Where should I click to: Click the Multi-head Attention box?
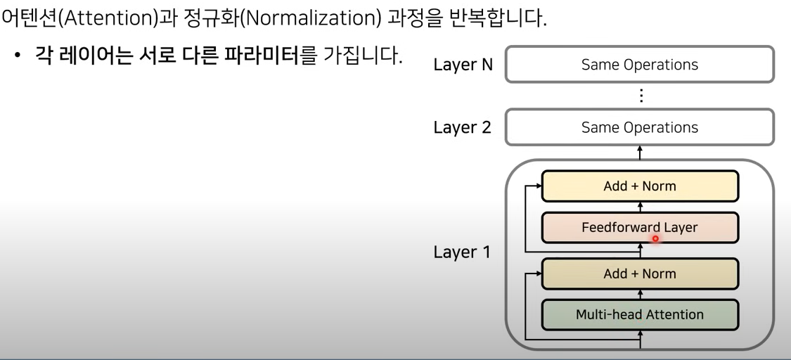[x=640, y=314]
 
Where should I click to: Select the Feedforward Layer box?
[x=640, y=228]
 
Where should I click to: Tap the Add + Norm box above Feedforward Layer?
[x=640, y=187]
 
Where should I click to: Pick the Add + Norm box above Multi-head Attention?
[x=640, y=274]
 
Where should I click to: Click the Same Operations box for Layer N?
[x=640, y=65]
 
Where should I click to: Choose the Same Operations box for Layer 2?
[x=640, y=127]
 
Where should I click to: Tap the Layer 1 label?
[x=461, y=252]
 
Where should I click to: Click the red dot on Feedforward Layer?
[x=655, y=239]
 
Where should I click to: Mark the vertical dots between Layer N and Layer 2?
[x=640, y=96]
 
